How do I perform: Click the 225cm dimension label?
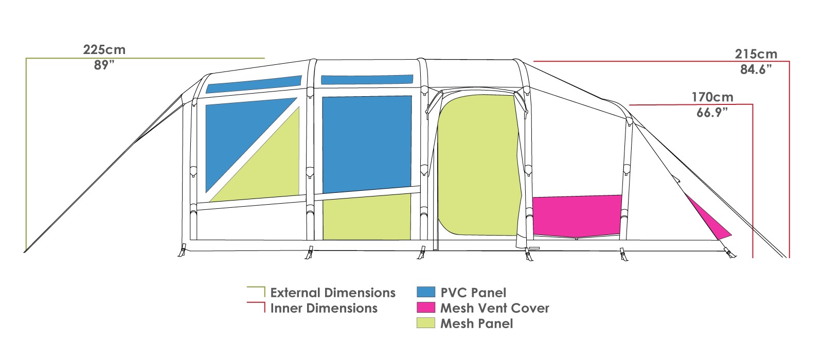click(104, 49)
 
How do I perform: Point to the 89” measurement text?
click(104, 65)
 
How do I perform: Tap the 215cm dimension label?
click(756, 54)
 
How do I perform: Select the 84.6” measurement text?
click(756, 69)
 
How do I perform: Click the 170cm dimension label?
click(712, 97)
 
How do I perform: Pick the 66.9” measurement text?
click(712, 113)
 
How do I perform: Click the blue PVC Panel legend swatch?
click(426, 292)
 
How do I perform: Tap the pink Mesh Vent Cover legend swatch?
click(426, 308)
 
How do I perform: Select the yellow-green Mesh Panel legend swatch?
click(426, 323)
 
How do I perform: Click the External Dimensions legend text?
click(333, 293)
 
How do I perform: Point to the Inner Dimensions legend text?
click(324, 308)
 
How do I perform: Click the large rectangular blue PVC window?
click(367, 144)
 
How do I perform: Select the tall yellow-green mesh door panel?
click(479, 165)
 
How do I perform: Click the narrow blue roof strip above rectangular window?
click(367, 80)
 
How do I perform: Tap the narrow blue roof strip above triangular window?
click(254, 84)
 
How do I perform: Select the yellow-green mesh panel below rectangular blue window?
click(367, 217)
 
